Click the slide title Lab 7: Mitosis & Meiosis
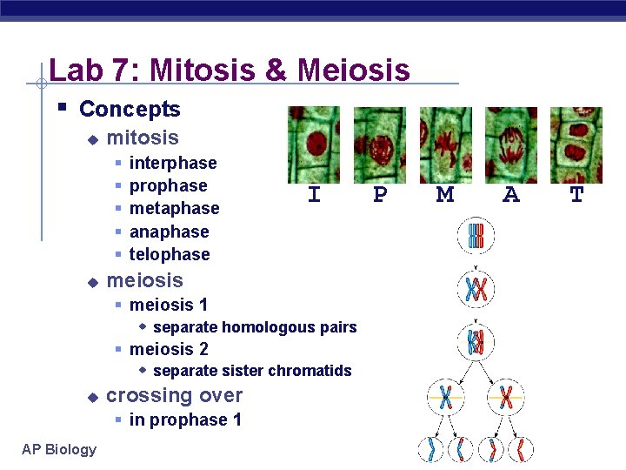230,69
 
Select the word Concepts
130,109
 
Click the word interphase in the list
173,163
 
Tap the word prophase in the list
168,185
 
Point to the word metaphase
174,208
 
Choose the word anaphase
169,232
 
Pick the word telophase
170,254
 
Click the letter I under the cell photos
314,196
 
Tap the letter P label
380,196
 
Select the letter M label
445,196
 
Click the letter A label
511,196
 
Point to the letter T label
576,196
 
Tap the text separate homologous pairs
255,327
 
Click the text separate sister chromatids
252,371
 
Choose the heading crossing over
174,395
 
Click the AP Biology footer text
60,449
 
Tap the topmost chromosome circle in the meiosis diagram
476,236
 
